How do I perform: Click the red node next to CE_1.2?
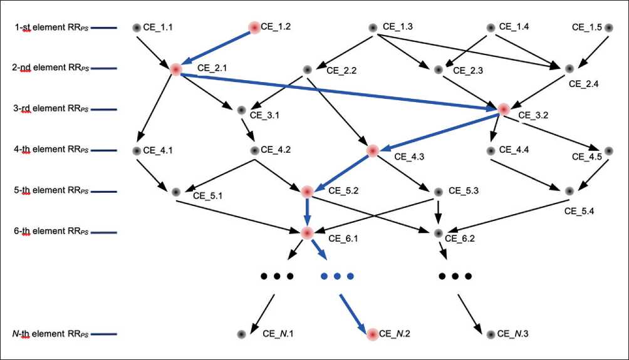(x=254, y=27)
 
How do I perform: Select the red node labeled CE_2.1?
(x=175, y=69)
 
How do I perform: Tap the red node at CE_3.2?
(x=504, y=109)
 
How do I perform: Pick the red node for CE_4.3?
(x=373, y=151)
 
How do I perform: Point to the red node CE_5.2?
(x=307, y=192)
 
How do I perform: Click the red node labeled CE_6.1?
(x=307, y=233)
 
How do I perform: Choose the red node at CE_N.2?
(x=373, y=334)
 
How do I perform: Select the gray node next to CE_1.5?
(x=609, y=28)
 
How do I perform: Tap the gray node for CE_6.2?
(x=438, y=233)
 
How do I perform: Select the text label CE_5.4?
(x=580, y=211)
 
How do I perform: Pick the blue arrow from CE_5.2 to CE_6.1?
(x=307, y=212)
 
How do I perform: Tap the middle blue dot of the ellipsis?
(x=336, y=276)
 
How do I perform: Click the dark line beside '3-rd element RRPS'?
(x=105, y=110)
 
